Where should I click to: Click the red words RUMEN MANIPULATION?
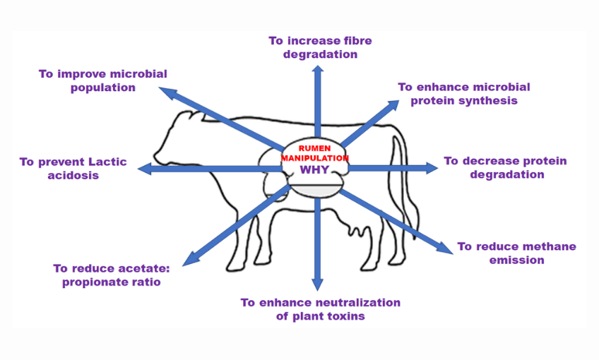click(x=315, y=153)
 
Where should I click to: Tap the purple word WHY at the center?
click(x=315, y=170)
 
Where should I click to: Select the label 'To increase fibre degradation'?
click(x=320, y=47)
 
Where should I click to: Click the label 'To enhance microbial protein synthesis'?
click(x=463, y=93)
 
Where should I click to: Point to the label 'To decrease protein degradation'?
click(x=506, y=167)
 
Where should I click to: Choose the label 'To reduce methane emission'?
click(x=516, y=253)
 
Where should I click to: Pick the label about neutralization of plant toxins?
click(x=320, y=309)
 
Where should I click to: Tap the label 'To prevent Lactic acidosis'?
click(x=73, y=168)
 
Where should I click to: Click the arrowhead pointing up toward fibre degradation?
click(x=317, y=69)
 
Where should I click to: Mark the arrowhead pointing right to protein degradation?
click(x=432, y=167)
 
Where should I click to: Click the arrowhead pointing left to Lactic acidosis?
click(x=143, y=168)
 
